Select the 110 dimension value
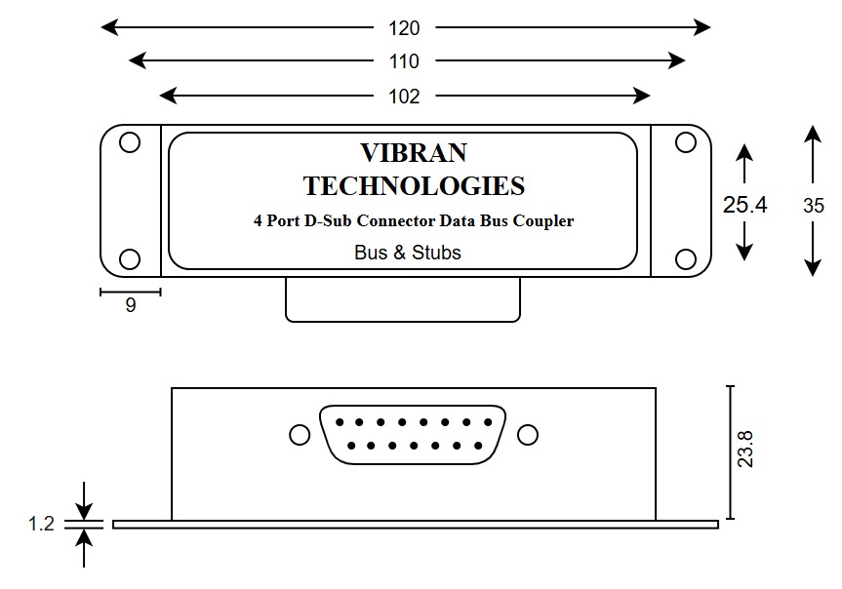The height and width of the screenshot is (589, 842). [x=404, y=61]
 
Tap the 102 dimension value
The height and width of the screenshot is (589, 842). [x=404, y=96]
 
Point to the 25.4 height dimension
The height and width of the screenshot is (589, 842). [x=744, y=204]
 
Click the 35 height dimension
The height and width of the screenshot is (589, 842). [x=814, y=205]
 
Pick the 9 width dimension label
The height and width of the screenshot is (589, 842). [x=131, y=305]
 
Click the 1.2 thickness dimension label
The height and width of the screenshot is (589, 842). [x=41, y=524]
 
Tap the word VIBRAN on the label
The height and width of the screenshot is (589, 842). [x=413, y=153]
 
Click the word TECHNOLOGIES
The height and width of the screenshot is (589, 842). [x=413, y=185]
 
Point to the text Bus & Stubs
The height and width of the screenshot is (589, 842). [x=408, y=252]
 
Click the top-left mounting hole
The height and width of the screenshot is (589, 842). [x=129, y=143]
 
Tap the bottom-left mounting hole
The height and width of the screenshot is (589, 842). [x=129, y=258]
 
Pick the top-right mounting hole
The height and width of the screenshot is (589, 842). [x=685, y=143]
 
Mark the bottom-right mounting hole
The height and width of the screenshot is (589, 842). [x=685, y=258]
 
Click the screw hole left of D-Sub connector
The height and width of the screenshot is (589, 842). [x=300, y=434]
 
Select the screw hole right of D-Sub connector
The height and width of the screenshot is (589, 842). [x=528, y=434]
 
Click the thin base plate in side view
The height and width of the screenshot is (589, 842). [x=415, y=524]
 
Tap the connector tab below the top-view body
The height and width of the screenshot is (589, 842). [x=403, y=299]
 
